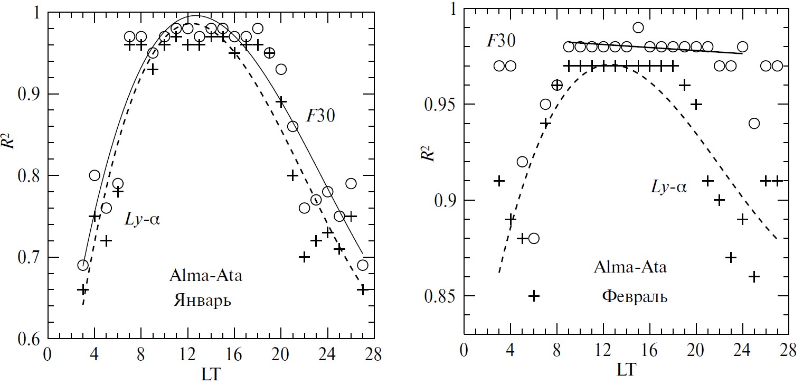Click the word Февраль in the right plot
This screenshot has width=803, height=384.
pyautogui.click(x=634, y=297)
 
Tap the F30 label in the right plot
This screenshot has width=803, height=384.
pyautogui.click(x=501, y=41)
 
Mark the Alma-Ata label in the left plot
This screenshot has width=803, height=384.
pyautogui.click(x=205, y=276)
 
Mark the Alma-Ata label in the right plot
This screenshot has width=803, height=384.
pyautogui.click(x=630, y=267)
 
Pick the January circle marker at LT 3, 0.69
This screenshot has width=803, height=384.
pyautogui.click(x=83, y=265)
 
